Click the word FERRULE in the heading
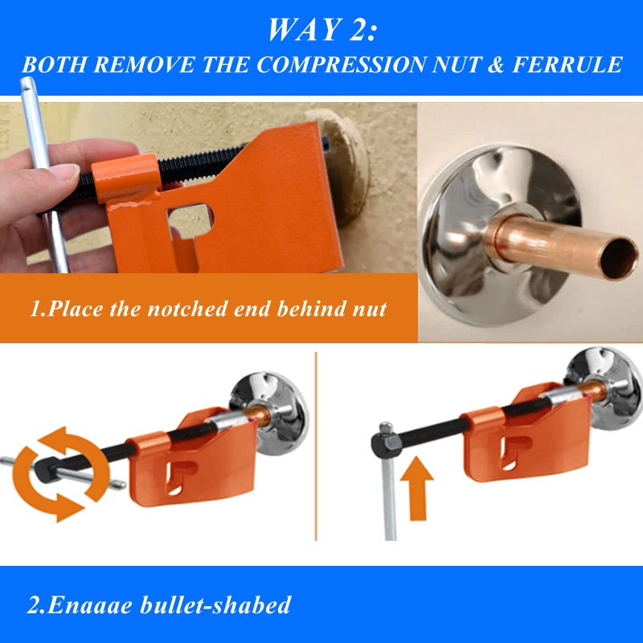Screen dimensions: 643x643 (x=567, y=64)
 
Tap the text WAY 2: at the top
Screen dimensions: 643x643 (x=322, y=29)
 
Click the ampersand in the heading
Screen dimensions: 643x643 (x=495, y=64)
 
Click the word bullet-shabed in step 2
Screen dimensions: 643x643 (x=215, y=605)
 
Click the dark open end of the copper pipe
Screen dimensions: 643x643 (x=619, y=259)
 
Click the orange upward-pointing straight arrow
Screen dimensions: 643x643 (x=416, y=488)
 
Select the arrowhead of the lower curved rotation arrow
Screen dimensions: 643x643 (x=69, y=507)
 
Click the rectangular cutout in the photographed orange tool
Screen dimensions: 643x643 (x=190, y=222)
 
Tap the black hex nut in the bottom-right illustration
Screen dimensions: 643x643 (x=386, y=444)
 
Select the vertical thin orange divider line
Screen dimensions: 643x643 (x=316, y=446)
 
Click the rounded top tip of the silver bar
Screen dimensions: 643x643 (x=27, y=82)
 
